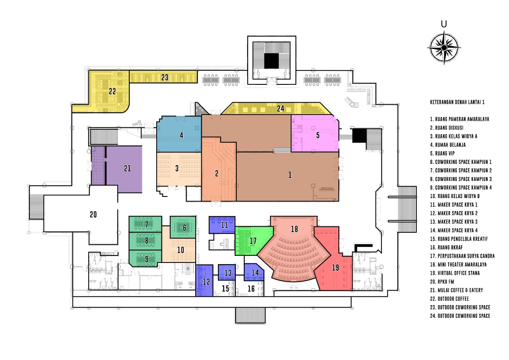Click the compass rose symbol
point(444,48)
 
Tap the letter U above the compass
point(444,24)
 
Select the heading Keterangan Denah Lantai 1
point(457,102)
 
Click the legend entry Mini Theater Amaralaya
point(458,265)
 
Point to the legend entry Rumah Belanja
point(448,145)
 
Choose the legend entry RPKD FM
point(442,282)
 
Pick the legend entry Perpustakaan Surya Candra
point(462,256)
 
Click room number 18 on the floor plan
point(294,229)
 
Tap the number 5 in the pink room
point(318,135)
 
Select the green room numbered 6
point(183,227)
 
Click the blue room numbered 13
point(227,272)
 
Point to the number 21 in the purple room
point(127,168)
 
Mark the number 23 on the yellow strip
point(165,78)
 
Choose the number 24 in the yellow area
point(280,109)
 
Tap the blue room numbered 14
point(254,272)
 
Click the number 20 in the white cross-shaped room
point(93,214)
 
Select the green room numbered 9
point(146,259)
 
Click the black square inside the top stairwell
point(272,61)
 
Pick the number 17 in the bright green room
point(253,241)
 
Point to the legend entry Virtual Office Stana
point(455,273)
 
